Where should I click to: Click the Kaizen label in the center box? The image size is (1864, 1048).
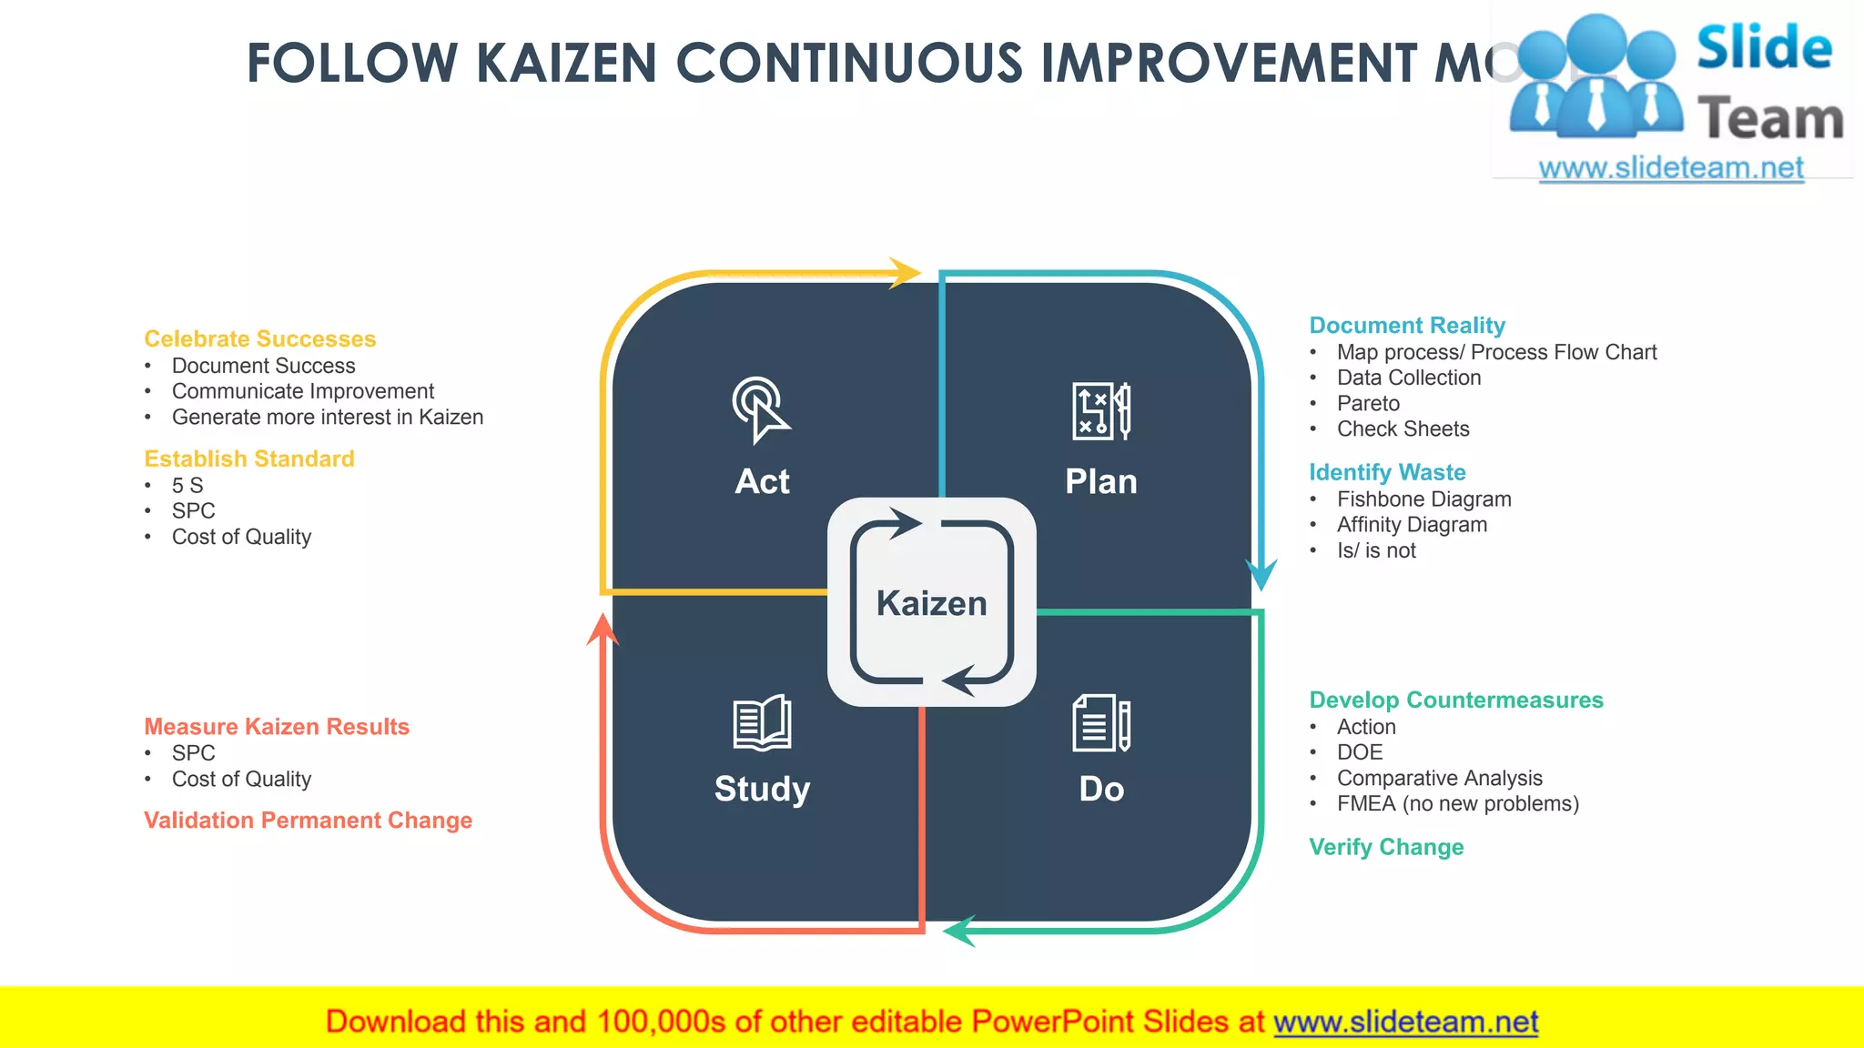coord(931,603)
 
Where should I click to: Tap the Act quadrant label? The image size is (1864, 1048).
coord(762,481)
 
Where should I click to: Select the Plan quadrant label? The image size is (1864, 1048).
coord(1101,481)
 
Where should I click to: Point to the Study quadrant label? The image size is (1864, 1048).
coord(762,789)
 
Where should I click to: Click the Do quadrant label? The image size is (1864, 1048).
coord(1101,789)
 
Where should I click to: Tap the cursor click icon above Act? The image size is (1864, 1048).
coord(761,409)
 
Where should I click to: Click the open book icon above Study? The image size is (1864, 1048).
coord(762,723)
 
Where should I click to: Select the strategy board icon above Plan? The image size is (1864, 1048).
coord(1101,411)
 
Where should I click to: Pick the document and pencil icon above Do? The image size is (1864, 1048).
coord(1101,723)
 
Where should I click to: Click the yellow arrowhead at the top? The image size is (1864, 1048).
coord(905,273)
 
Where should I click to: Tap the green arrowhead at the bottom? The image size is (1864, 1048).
coord(959,931)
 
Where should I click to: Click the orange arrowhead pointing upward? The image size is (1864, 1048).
coord(603,630)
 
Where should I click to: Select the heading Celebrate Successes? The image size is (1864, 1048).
coord(259,338)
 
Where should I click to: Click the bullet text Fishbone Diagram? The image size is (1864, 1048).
coord(1423,499)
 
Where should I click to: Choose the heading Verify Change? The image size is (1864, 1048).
coord(1386,847)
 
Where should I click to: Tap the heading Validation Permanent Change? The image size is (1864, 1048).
coord(308,821)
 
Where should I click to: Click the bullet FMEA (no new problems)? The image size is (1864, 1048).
coord(1457,803)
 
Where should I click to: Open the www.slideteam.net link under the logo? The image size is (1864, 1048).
coord(1670,168)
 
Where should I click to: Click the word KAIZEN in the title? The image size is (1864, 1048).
coord(566,64)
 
